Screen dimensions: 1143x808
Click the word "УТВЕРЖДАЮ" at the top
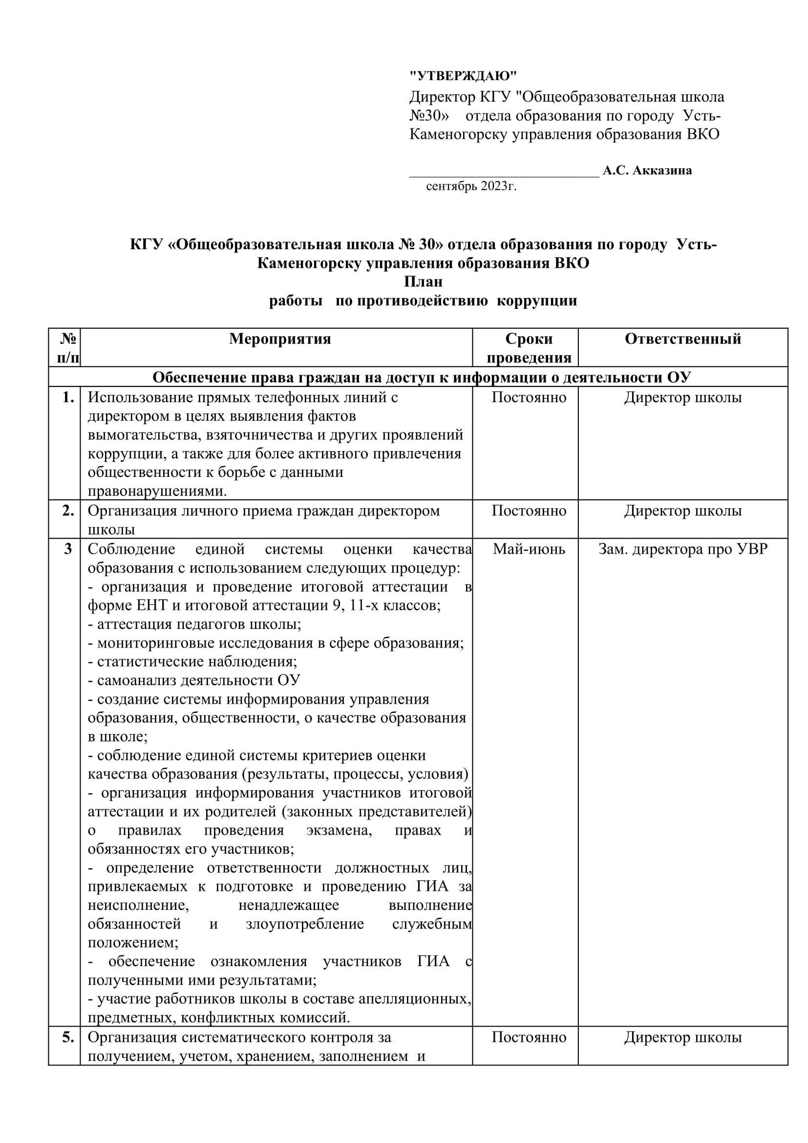coord(463,76)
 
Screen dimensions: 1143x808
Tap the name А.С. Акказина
coord(647,170)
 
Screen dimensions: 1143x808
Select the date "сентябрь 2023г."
coord(471,186)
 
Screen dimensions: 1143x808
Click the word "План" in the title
coord(423,282)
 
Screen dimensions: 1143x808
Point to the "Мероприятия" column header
coord(280,339)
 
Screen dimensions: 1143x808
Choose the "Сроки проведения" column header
coord(529,348)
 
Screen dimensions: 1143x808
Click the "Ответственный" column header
coord(682,339)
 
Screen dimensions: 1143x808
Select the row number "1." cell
coord(68,397)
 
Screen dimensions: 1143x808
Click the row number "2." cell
coord(68,510)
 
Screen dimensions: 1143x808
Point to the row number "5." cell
coord(68,1037)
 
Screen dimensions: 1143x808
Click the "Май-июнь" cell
coord(529,549)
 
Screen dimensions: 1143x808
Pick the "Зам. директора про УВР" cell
coord(682,549)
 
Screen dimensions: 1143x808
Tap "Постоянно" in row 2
coord(529,510)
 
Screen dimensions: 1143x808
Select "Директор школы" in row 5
coord(682,1037)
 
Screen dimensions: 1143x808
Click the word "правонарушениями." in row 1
coord(157,491)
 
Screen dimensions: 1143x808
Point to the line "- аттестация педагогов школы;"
coord(194,624)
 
